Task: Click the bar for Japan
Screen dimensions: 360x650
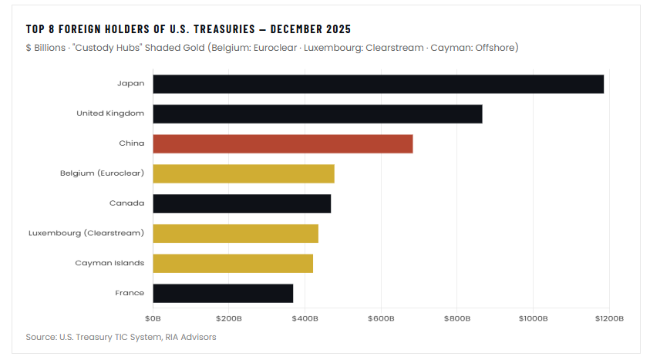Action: tap(378, 84)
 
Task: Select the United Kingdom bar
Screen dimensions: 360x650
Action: tap(318, 113)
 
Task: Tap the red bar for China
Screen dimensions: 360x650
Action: tap(283, 143)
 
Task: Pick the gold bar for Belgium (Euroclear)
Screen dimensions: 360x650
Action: tap(244, 173)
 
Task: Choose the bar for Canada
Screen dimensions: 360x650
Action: tap(242, 204)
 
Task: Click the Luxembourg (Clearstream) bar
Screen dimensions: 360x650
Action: tap(236, 234)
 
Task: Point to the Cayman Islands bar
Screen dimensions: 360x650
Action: tap(233, 263)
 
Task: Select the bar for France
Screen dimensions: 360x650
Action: tap(223, 293)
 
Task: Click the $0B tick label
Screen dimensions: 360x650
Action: tap(153, 318)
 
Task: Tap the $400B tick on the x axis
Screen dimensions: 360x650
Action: tap(305, 318)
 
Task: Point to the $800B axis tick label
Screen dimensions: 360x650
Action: tap(457, 318)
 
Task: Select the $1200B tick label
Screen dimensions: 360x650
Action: tap(609, 318)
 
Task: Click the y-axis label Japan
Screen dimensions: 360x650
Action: tap(130, 84)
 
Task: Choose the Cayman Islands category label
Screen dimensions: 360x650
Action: tap(109, 263)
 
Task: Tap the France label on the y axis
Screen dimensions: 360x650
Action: tap(130, 293)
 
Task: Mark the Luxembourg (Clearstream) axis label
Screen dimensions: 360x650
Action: tap(86, 234)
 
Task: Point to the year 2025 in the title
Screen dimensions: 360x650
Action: tap(337, 29)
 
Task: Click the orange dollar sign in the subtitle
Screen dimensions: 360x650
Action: tap(29, 48)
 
